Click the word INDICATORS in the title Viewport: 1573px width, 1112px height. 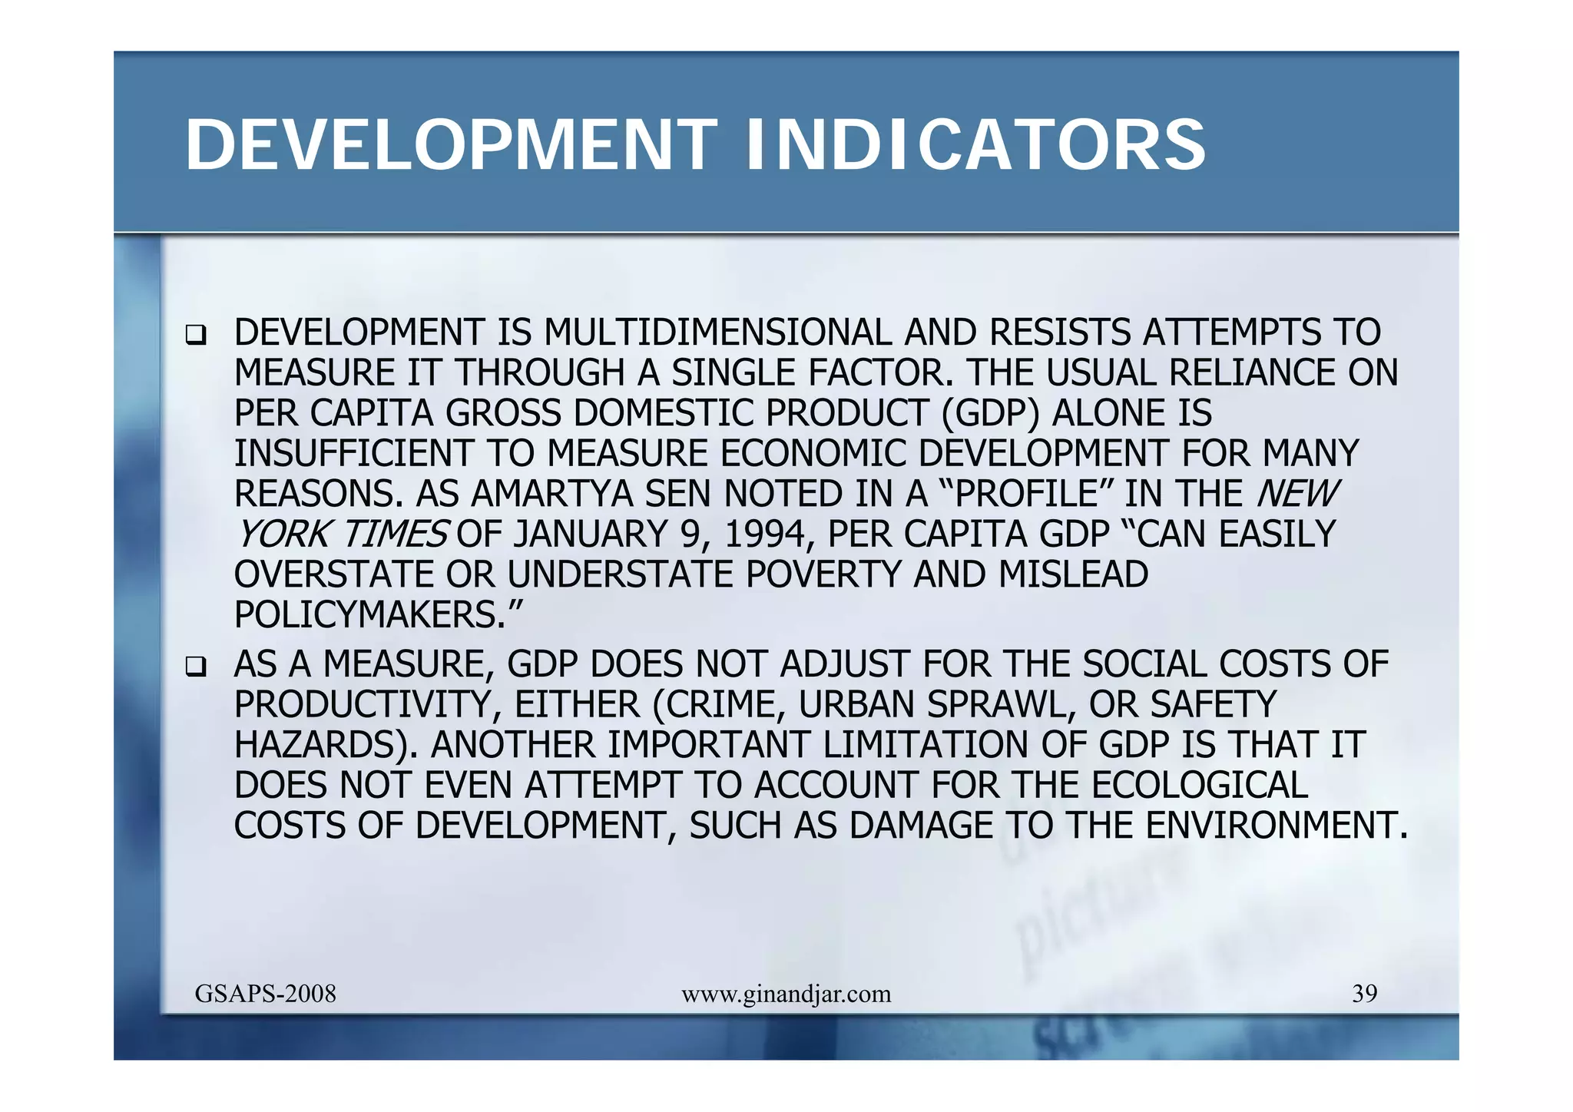click(975, 146)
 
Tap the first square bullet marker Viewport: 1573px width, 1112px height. click(196, 336)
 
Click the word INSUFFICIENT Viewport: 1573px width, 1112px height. click(353, 454)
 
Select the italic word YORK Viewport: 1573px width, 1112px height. click(283, 534)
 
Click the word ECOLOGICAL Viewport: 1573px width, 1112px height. click(1199, 786)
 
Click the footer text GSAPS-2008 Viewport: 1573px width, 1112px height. click(265, 994)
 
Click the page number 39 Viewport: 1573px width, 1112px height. click(1364, 994)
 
